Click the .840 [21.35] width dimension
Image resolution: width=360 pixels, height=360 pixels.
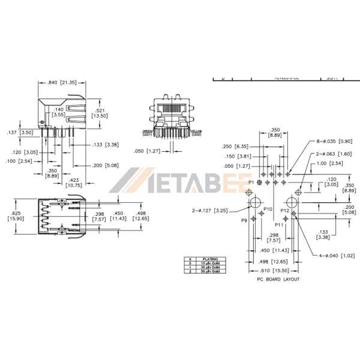click(62, 83)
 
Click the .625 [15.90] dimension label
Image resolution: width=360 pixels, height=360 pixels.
click(16, 215)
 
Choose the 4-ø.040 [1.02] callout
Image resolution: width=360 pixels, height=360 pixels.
click(337, 256)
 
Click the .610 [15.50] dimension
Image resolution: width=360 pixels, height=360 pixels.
click(275, 271)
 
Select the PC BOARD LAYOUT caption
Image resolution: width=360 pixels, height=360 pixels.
click(275, 280)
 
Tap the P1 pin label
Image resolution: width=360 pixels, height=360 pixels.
click(251, 181)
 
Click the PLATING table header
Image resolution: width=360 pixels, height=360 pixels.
click(211, 259)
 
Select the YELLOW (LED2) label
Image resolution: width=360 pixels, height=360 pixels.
click(196, 131)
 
